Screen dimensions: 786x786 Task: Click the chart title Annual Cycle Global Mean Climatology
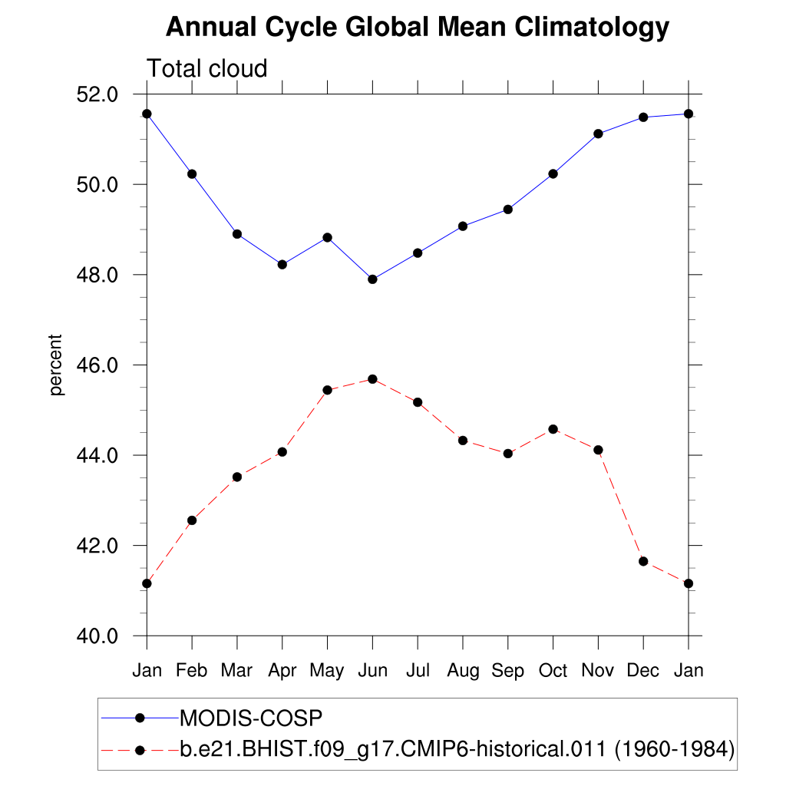[418, 28]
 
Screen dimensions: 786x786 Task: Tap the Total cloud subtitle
[207, 68]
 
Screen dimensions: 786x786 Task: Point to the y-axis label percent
[55, 365]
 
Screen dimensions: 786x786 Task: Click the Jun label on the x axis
[372, 671]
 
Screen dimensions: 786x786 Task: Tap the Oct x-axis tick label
[553, 671]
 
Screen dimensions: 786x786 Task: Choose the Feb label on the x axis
[192, 671]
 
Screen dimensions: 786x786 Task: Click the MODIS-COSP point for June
[372, 279]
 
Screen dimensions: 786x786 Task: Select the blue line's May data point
[328, 237]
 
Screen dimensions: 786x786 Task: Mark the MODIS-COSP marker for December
[643, 117]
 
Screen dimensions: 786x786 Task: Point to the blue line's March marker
[237, 234]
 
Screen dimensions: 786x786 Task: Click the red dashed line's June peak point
[372, 379]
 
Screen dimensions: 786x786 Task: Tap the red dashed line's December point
[643, 561]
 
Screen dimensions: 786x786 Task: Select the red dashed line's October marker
[553, 429]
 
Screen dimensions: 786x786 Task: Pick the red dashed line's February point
[192, 520]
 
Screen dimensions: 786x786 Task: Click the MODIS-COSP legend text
[250, 718]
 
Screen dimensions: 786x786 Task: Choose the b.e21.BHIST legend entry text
[457, 748]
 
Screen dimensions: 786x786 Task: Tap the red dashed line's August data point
[463, 440]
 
